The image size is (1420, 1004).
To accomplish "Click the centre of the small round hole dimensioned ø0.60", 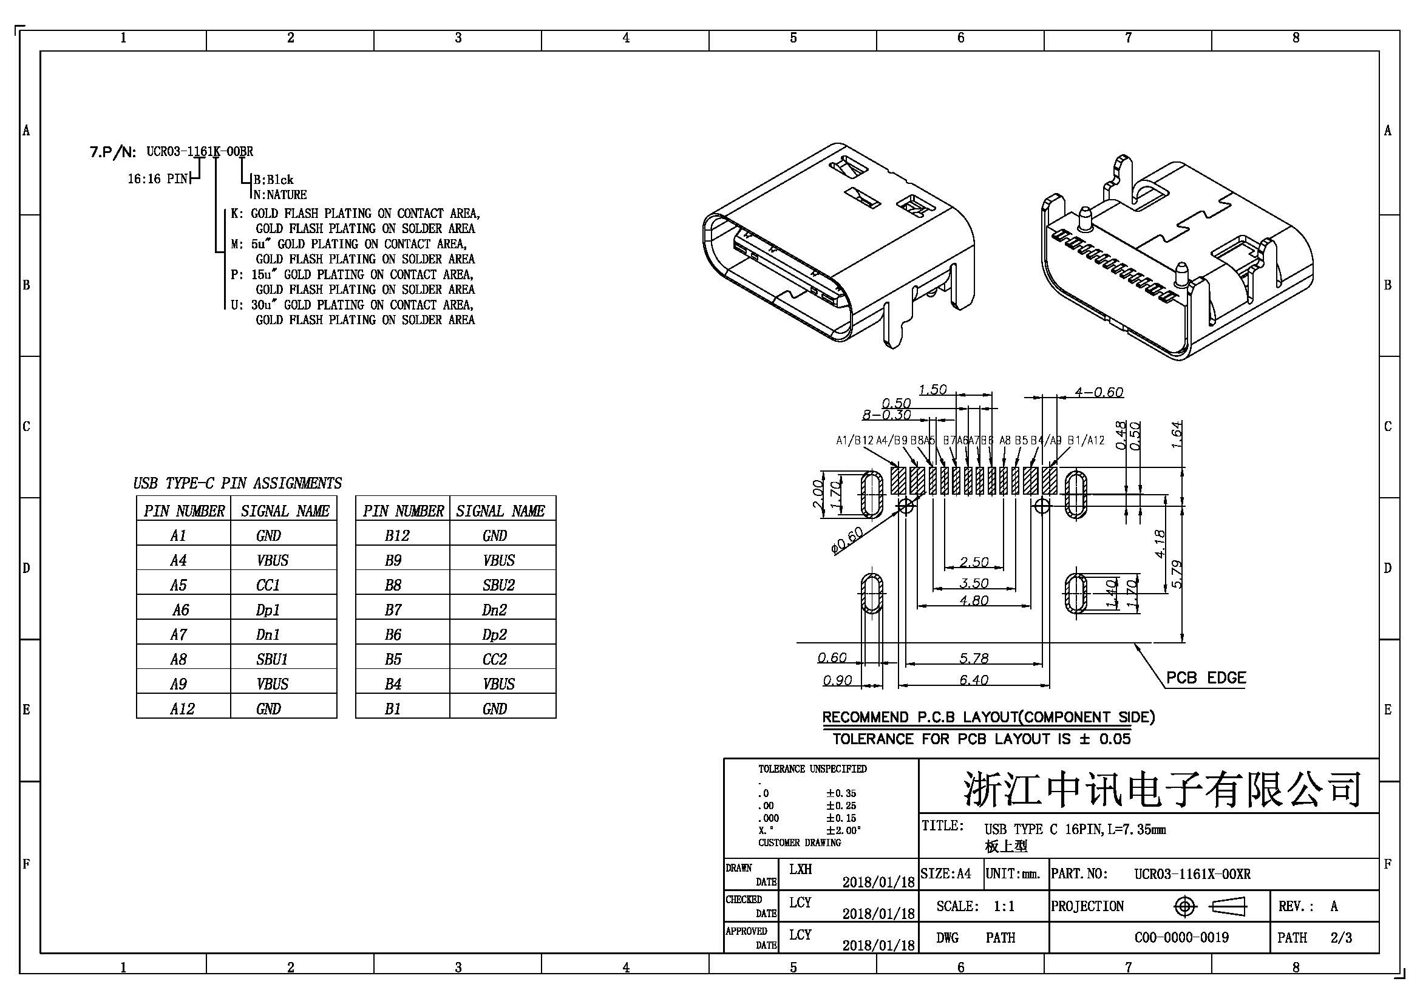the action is pyautogui.click(x=905, y=506).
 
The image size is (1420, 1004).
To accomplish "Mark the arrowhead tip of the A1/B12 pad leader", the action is pyautogui.click(x=899, y=467).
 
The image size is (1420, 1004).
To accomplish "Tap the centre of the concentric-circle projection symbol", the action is pyautogui.click(x=1184, y=907).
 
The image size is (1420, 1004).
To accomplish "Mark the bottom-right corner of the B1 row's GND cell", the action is pyautogui.click(x=556, y=717).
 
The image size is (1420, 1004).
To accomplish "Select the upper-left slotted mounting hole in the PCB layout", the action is pyautogui.click(x=872, y=494).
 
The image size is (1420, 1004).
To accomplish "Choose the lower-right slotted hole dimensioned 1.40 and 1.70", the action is pyautogui.click(x=1077, y=593).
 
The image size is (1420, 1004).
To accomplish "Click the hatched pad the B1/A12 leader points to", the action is pyautogui.click(x=1050, y=480).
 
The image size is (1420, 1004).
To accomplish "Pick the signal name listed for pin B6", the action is pyautogui.click(x=494, y=635).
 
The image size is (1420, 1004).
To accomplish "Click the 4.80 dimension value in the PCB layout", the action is pyautogui.click(x=973, y=600).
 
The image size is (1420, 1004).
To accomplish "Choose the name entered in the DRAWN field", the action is pyautogui.click(x=800, y=869).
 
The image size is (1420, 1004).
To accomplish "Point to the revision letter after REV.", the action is pyautogui.click(x=1334, y=906).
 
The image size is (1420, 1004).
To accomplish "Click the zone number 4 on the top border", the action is pyautogui.click(x=626, y=38).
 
